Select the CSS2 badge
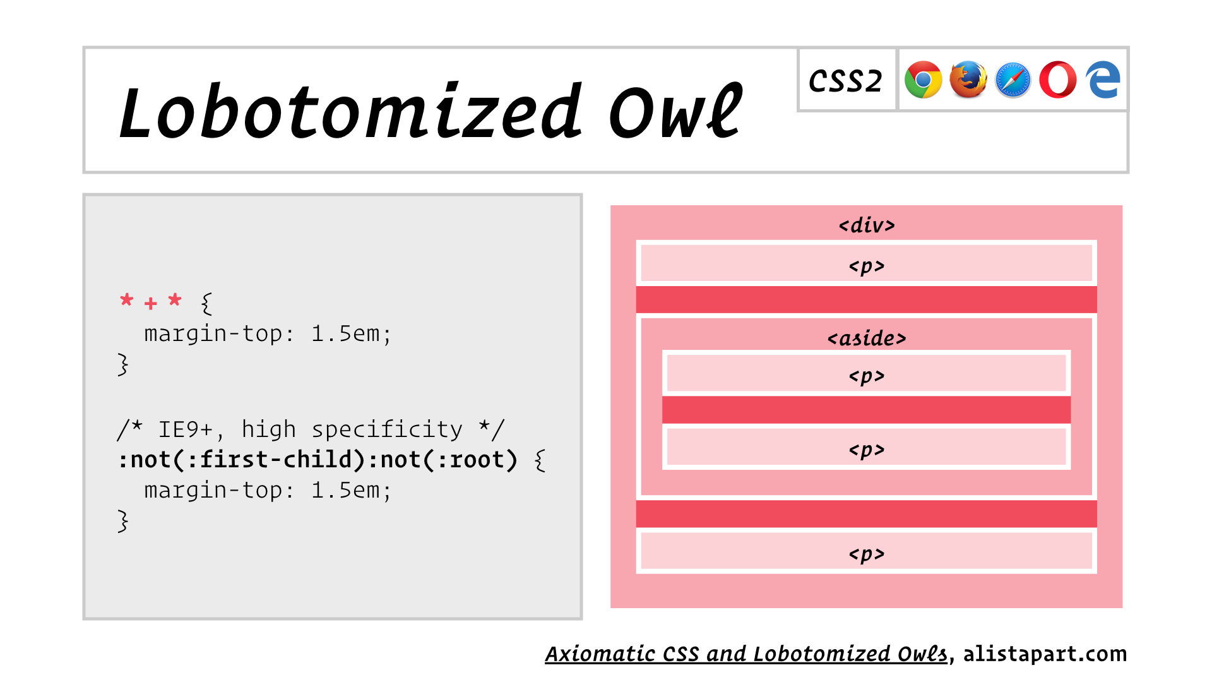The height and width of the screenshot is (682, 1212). coord(846,80)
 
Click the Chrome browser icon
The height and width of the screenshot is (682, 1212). coord(923,80)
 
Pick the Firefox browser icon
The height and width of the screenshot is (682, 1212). coord(968,80)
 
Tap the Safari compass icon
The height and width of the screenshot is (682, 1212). coord(1013,80)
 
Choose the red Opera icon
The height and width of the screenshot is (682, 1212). coord(1058,80)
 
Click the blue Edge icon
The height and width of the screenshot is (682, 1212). coord(1103,80)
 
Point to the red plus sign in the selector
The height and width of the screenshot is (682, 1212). coord(150,304)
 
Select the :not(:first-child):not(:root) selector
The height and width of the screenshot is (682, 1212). coord(318,460)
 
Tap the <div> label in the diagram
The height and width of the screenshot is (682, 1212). coord(867,225)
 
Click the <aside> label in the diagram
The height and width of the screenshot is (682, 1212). coord(867,338)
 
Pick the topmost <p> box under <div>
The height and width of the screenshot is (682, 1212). coord(866,263)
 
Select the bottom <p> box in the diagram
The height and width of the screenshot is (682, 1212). coord(866,551)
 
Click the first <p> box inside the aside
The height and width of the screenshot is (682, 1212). coord(866,373)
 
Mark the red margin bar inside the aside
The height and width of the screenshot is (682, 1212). coord(866,410)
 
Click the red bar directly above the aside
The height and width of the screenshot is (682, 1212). coord(866,299)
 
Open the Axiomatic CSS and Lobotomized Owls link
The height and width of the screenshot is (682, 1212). coord(747,654)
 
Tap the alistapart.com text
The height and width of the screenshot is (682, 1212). coord(1045,654)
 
